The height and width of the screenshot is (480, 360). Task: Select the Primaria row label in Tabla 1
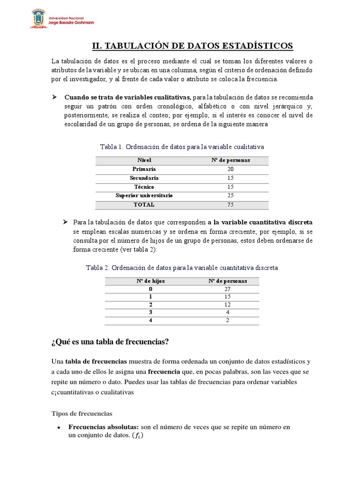click(x=144, y=169)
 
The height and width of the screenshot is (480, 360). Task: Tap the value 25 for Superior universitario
click(x=230, y=195)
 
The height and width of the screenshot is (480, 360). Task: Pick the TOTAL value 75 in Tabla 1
click(x=230, y=205)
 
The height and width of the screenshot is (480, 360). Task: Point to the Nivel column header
click(x=144, y=160)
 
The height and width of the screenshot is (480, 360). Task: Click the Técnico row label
click(x=144, y=187)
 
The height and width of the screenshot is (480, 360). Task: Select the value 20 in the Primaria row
click(x=230, y=169)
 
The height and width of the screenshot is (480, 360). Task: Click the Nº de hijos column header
click(x=150, y=281)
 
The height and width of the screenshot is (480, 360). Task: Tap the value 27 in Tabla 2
click(x=227, y=290)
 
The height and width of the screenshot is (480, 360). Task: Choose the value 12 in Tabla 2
click(x=227, y=304)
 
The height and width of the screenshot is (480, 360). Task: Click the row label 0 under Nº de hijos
click(x=150, y=290)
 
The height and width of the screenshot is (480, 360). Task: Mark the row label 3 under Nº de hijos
click(x=150, y=312)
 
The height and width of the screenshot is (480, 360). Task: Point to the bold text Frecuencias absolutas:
click(x=104, y=427)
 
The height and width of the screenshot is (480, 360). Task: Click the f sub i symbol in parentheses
click(x=138, y=436)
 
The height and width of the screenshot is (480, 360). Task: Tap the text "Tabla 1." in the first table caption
click(x=112, y=147)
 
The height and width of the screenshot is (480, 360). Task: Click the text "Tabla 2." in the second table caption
click(x=97, y=268)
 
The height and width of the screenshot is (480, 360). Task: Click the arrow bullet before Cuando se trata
click(x=54, y=97)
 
